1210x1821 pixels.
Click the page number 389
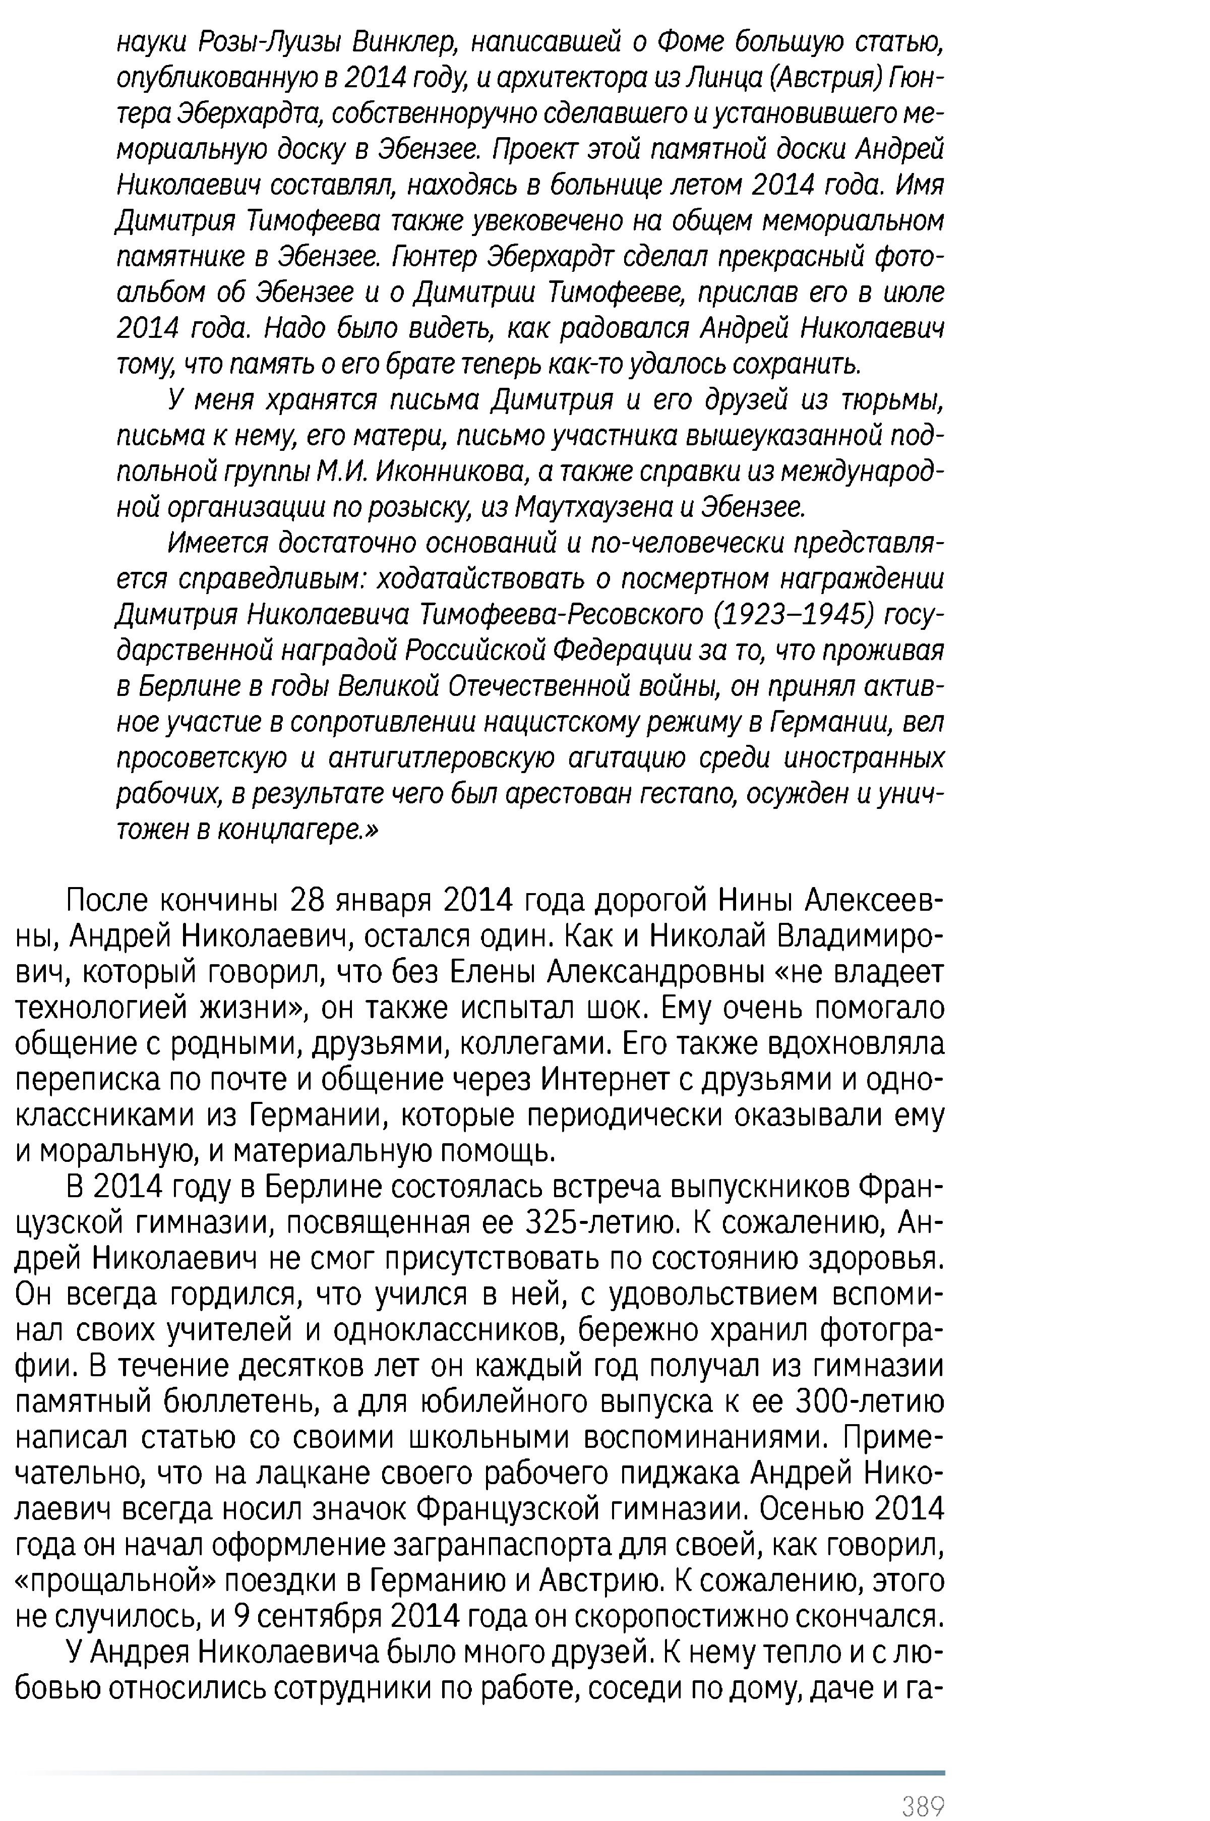923,1784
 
